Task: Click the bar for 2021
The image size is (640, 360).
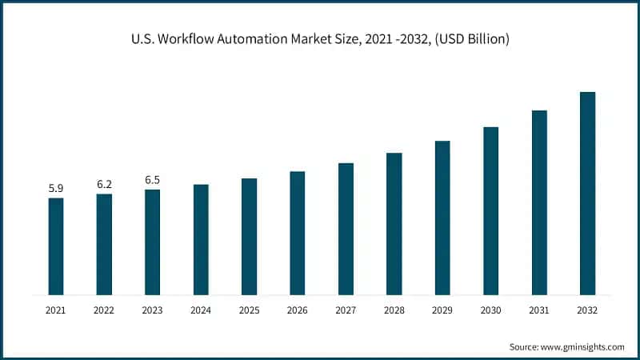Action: pos(56,246)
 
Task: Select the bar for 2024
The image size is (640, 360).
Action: pos(201,239)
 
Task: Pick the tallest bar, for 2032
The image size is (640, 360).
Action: pos(587,193)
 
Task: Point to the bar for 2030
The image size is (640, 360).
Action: pos(490,210)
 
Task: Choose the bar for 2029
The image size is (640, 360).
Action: pos(442,218)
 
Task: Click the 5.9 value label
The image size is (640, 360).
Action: pos(56,188)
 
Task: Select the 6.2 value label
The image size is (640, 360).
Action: pos(104,184)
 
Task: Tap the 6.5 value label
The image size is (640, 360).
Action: pos(152,180)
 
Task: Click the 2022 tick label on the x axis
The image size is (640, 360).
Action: pos(104,310)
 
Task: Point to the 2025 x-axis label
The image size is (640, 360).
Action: pos(249,310)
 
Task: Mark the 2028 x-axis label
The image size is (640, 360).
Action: pos(394,310)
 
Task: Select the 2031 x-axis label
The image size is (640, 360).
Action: pos(539,310)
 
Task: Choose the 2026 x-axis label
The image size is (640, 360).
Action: pos(298,310)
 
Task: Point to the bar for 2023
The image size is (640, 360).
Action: pos(152,242)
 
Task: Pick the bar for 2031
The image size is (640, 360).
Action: pos(539,202)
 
